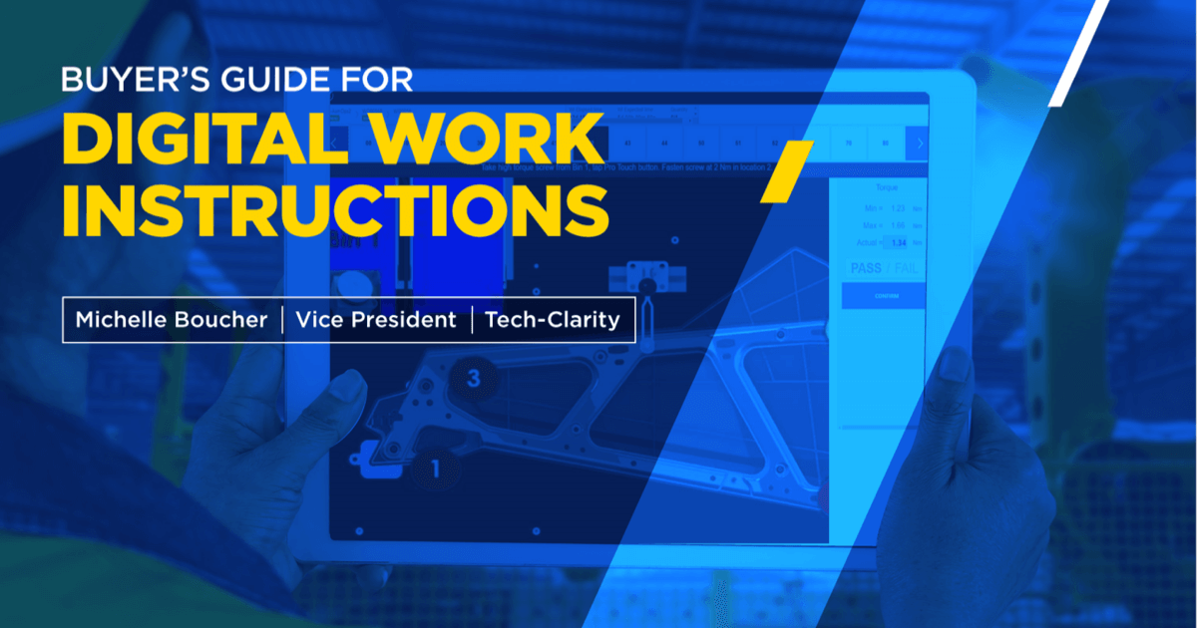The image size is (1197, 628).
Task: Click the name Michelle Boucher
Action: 170,320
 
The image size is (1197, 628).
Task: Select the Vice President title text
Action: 378,320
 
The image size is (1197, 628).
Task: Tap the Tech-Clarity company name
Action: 552,320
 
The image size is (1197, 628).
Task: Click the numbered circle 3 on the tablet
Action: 474,378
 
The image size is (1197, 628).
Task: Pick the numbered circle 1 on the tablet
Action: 435,467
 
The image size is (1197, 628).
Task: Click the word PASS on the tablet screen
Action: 864,268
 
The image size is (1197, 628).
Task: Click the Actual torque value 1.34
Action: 898,242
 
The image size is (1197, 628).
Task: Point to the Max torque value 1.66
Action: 898,224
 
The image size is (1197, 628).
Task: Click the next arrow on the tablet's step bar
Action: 918,144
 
